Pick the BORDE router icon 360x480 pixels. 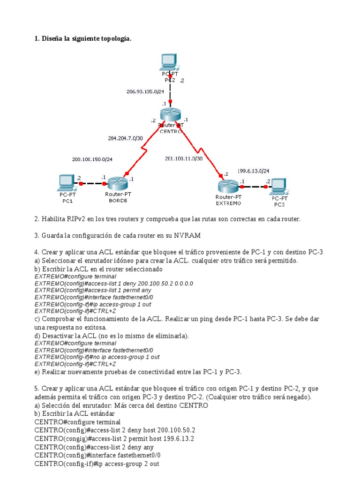point(116,183)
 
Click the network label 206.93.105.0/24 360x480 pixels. point(145,91)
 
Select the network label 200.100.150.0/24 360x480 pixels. point(92,159)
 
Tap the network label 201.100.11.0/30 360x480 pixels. point(184,158)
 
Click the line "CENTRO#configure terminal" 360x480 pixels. point(77,422)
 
